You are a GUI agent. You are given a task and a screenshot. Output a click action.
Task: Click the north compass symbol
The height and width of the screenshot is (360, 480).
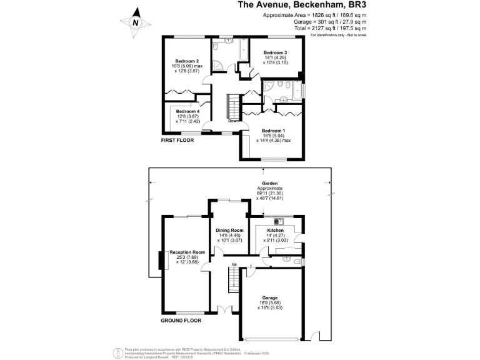[x=136, y=21]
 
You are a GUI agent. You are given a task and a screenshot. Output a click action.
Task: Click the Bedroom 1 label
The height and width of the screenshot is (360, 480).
[x=273, y=131]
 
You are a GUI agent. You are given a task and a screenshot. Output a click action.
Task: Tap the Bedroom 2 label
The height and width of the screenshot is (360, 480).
[x=186, y=61]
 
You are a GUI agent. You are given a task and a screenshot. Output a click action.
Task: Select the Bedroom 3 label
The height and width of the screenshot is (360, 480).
[x=275, y=52]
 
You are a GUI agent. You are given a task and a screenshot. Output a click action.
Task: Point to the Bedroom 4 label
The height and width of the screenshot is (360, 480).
[x=187, y=111]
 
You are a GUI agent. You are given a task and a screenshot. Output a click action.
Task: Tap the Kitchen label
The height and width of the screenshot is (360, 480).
[x=276, y=230]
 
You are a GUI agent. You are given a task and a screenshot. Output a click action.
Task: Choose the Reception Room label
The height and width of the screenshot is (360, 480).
[x=186, y=252]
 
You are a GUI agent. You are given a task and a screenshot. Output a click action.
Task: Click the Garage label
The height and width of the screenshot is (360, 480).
[x=270, y=297]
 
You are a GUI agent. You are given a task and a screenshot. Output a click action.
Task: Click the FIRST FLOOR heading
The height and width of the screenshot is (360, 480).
[x=177, y=141]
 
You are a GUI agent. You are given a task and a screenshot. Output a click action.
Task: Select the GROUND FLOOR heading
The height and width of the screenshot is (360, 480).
[x=181, y=321]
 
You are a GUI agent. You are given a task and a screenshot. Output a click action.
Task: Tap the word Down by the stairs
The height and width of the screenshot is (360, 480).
[x=233, y=121]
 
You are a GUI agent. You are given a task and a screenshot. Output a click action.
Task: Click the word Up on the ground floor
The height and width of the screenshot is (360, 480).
[x=234, y=264]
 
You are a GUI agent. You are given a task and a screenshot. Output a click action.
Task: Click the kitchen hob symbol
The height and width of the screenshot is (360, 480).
[x=278, y=221]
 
